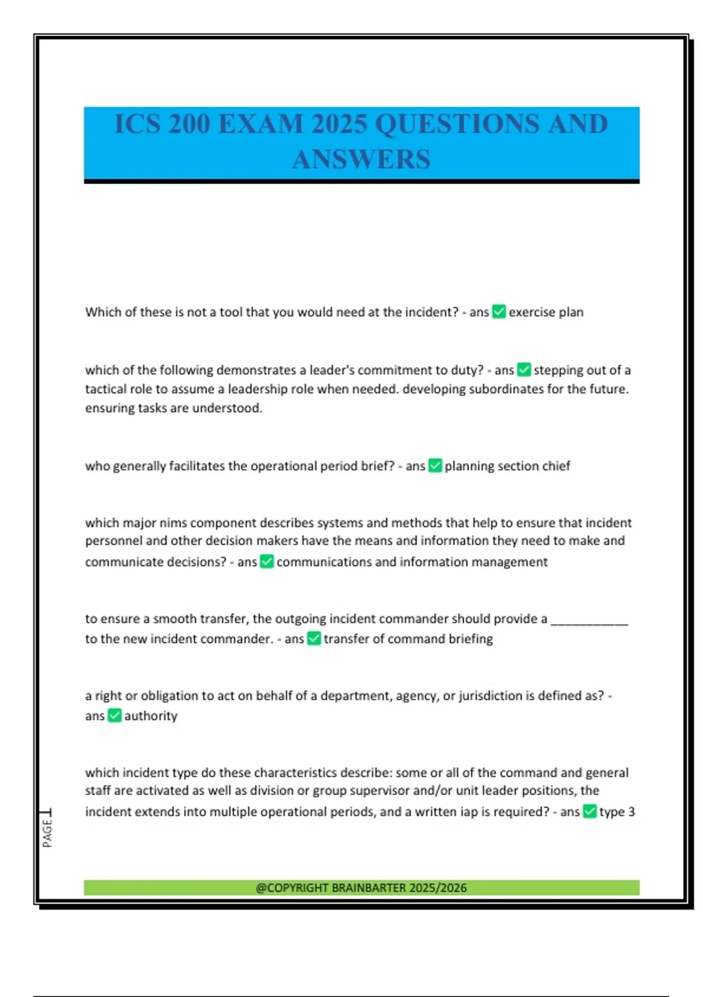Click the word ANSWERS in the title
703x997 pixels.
[361, 160]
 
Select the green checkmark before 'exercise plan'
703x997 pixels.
[499, 311]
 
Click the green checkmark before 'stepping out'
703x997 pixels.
[524, 369]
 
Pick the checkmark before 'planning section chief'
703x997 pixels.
[435, 466]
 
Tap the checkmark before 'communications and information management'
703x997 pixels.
[267, 561]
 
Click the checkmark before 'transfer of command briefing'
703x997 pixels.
[314, 638]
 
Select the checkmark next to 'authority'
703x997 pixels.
[115, 715]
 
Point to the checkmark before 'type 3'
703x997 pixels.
[589, 811]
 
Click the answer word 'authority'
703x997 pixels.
[151, 715]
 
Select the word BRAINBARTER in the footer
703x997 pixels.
[368, 888]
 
